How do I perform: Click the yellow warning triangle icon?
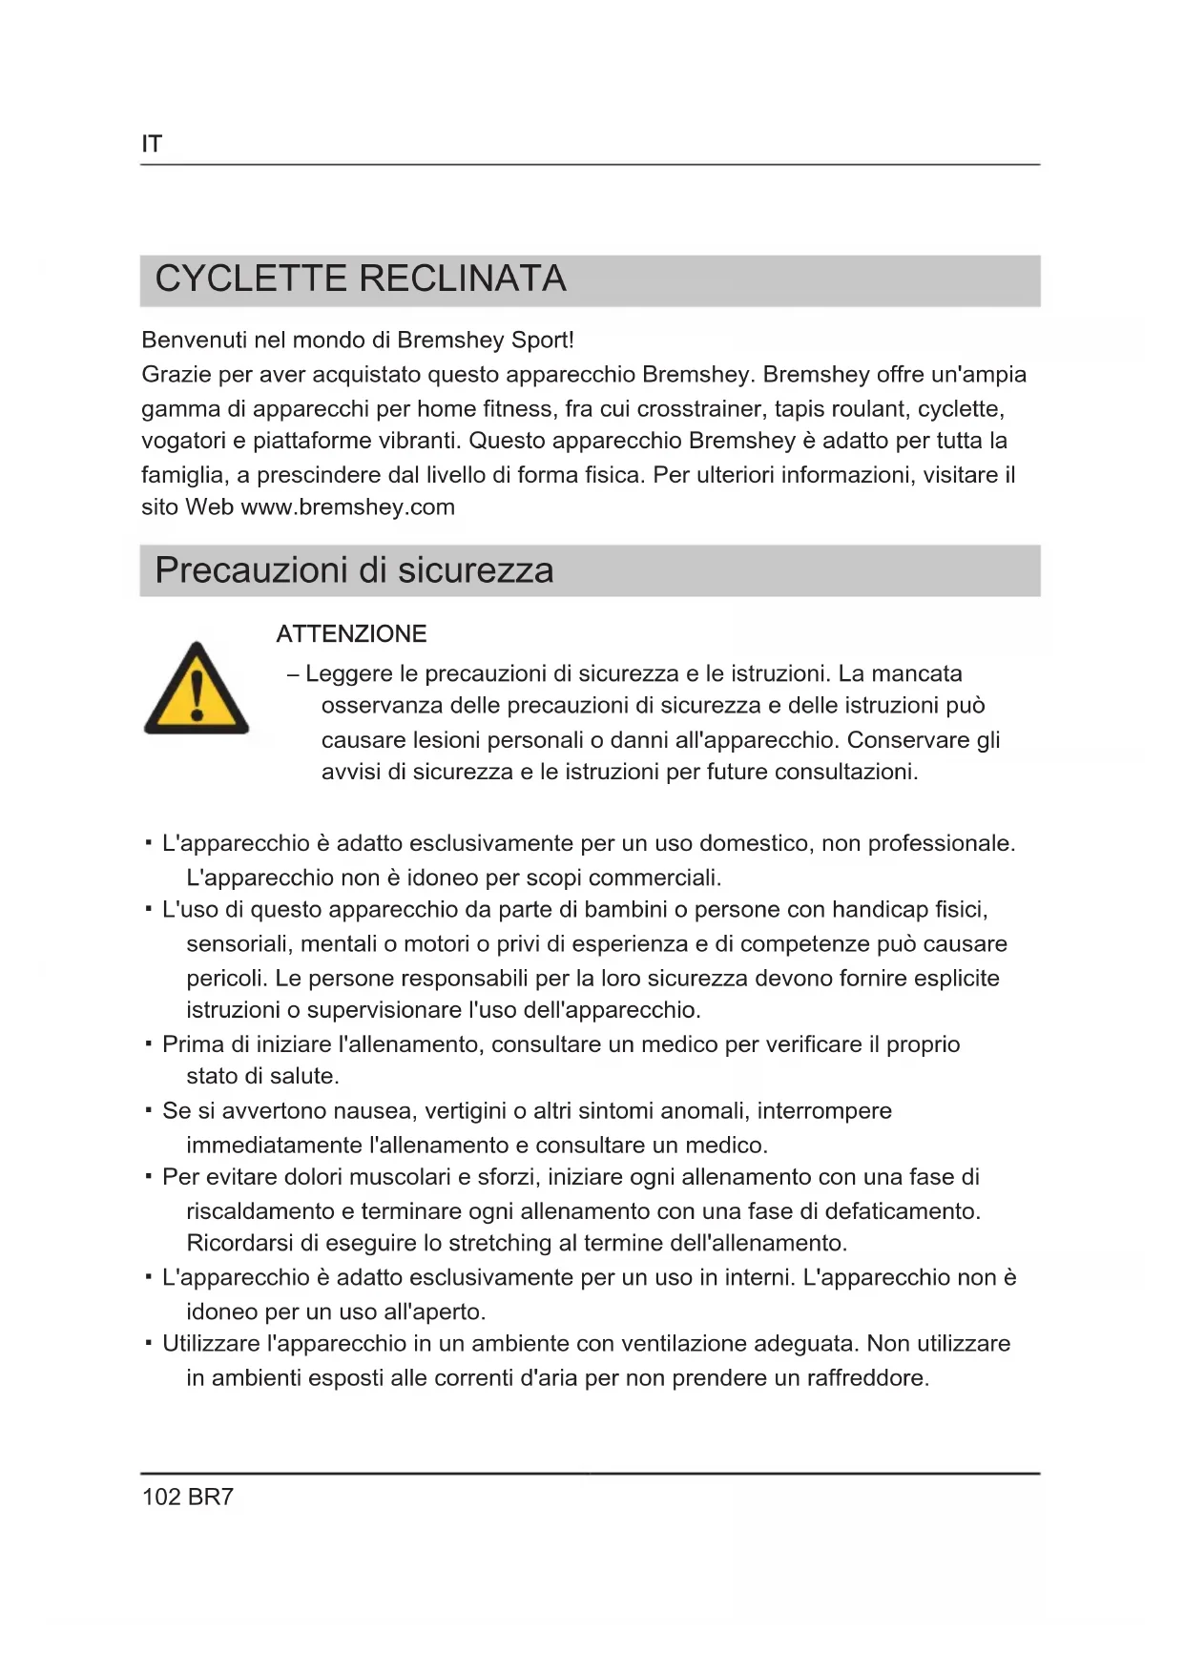tap(197, 690)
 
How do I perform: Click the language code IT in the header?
tap(152, 144)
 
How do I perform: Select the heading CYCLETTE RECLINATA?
tap(361, 279)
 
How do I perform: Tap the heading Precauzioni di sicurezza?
tap(354, 570)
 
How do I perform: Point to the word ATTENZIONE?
tap(351, 634)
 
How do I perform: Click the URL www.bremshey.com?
tap(347, 507)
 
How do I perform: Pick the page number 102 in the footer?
tap(161, 1497)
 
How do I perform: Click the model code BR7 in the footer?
tap(211, 1497)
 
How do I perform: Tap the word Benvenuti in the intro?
tap(194, 341)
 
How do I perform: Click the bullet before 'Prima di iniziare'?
tap(148, 1043)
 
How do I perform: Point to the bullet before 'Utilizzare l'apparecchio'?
tap(148, 1343)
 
